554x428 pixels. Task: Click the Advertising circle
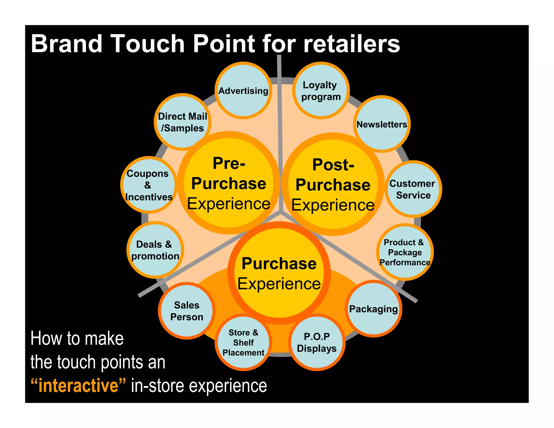243,91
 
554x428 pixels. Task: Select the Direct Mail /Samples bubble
182,122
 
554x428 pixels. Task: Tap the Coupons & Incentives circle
149,185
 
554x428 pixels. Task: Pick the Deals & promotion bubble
155,250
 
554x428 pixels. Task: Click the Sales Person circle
187,311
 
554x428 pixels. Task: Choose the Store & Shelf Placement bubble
243,343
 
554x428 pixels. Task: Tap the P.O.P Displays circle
317,343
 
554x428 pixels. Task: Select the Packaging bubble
373,309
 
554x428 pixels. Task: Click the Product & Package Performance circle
405,252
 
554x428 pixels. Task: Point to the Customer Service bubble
413,189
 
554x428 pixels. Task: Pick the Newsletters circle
382,124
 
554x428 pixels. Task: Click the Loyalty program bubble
321,91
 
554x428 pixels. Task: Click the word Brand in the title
67,44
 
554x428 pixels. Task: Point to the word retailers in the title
351,44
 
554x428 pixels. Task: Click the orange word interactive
78,386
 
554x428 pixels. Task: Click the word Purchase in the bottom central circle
279,264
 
